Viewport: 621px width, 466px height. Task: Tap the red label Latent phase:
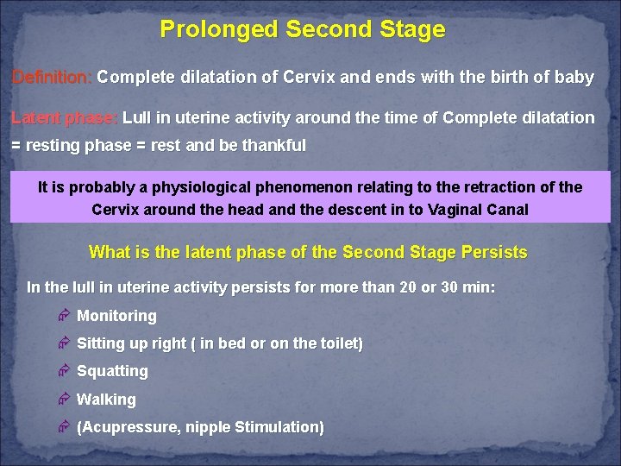[65, 117]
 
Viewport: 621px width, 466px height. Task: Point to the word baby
[575, 77]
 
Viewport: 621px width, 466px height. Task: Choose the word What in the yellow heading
[110, 253]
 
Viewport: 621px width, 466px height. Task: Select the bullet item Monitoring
[116, 316]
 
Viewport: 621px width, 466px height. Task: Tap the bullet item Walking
[106, 400]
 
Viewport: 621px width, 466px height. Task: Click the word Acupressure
[129, 427]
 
